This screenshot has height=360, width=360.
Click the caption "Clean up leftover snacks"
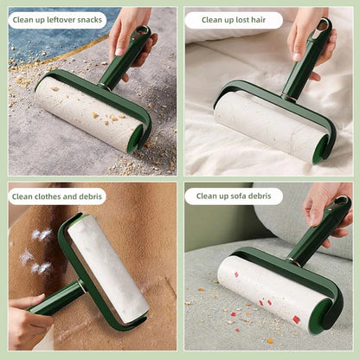coord(57,20)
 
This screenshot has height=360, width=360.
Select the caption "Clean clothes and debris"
coord(57,196)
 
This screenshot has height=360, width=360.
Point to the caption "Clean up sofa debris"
coord(233,196)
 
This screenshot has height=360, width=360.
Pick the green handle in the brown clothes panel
coord(56,299)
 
